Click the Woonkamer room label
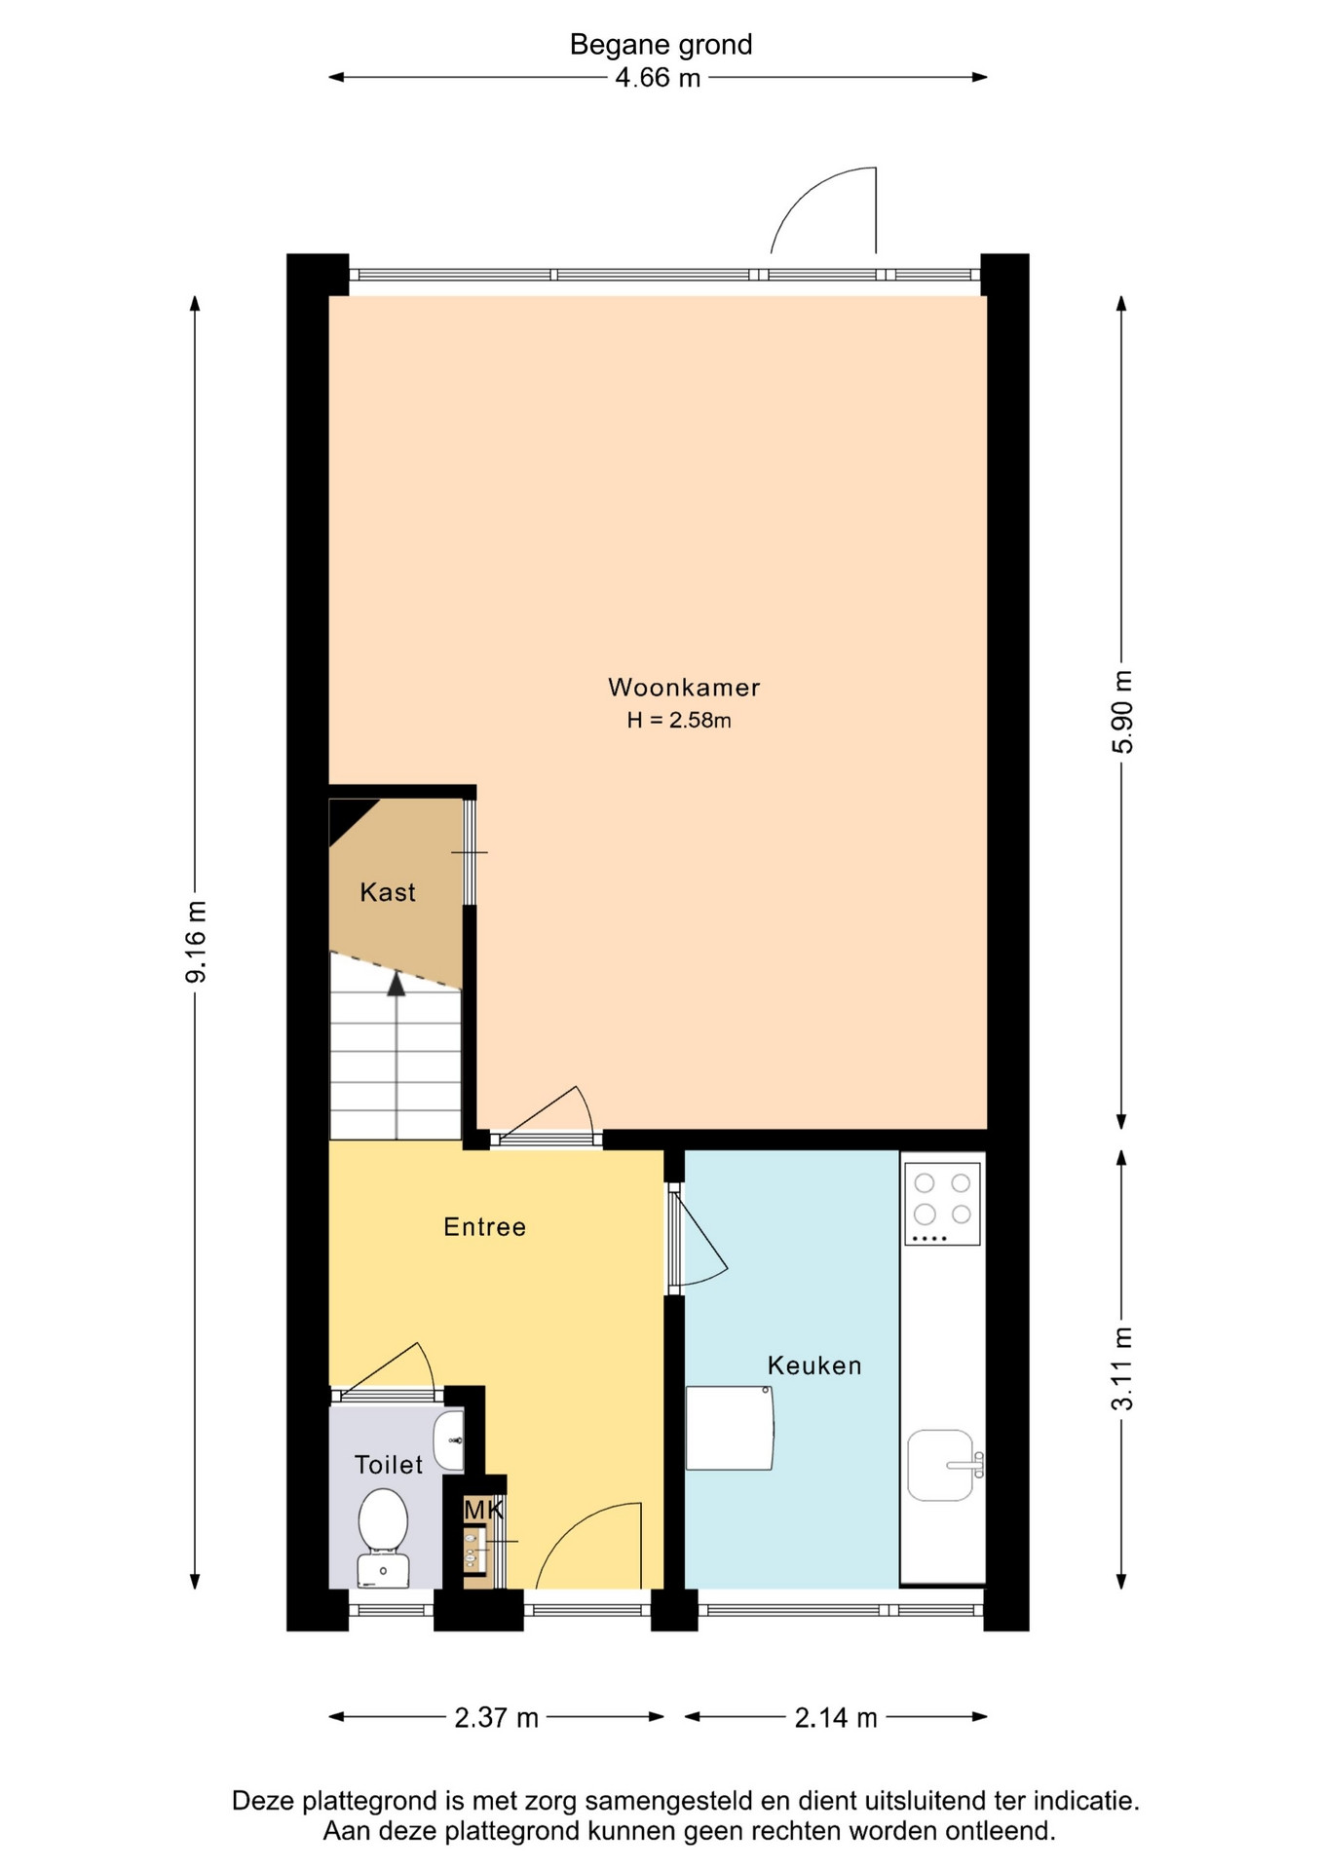pyautogui.click(x=684, y=688)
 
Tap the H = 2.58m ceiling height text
pyautogui.click(x=679, y=721)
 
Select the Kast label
pyautogui.click(x=388, y=892)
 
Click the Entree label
pyautogui.click(x=484, y=1227)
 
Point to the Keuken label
pyautogui.click(x=814, y=1365)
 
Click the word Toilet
pyautogui.click(x=389, y=1465)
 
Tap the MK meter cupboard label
pyautogui.click(x=483, y=1511)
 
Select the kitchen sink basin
pyautogui.click(x=942, y=1465)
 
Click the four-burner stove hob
pyautogui.click(x=942, y=1204)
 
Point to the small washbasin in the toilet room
pyautogui.click(x=449, y=1440)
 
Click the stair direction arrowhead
pyautogui.click(x=396, y=984)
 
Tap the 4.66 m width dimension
pyautogui.click(x=658, y=78)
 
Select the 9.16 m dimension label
pyautogui.click(x=196, y=942)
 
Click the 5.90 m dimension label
pyautogui.click(x=1122, y=712)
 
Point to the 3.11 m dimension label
pyautogui.click(x=1122, y=1368)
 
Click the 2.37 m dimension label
pyautogui.click(x=496, y=1717)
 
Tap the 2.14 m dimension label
pyautogui.click(x=836, y=1717)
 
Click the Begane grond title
pyautogui.click(x=661, y=45)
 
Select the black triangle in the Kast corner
pyautogui.click(x=345, y=816)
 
